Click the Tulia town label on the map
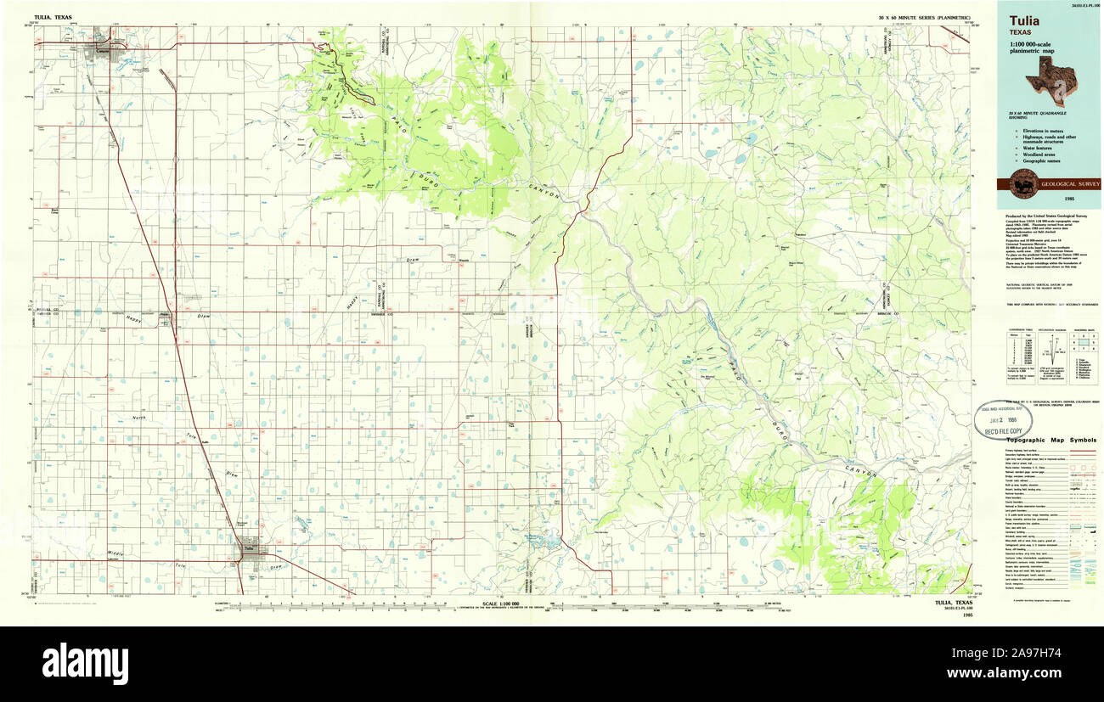click(248, 548)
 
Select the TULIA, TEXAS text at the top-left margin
click(51, 17)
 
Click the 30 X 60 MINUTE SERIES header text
click(926, 17)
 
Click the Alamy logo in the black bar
click(85, 662)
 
